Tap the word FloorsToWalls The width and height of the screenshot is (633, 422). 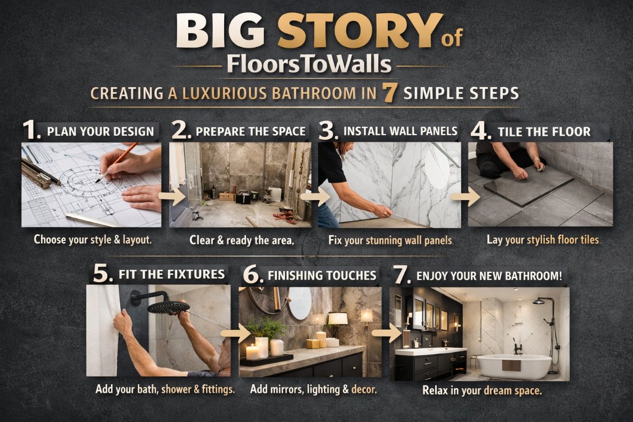pos(309,65)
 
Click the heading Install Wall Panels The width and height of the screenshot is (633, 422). pos(400,131)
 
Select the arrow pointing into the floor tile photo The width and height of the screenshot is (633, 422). pos(465,196)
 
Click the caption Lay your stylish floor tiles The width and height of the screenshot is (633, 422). pos(543,240)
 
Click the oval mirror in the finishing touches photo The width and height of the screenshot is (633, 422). pos(300,303)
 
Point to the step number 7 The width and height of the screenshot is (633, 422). pos(402,274)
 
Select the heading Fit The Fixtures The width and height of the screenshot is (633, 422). pos(172,274)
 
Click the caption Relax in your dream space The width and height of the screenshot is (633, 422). pos(482,391)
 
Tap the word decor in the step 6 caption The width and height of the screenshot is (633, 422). pos(364,389)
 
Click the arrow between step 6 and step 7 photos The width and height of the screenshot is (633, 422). pos(387,333)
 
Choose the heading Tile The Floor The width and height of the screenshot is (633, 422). pos(544,132)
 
